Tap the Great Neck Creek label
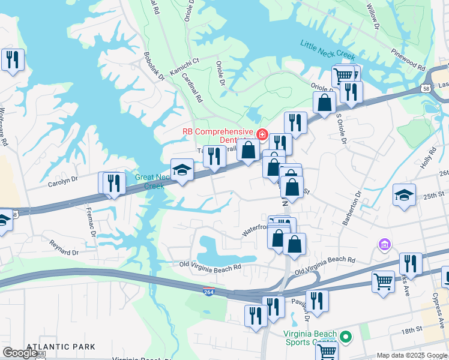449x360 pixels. click(x=149, y=181)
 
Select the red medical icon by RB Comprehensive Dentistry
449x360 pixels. click(x=262, y=134)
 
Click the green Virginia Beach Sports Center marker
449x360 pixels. click(x=345, y=336)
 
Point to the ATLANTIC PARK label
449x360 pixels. click(x=61, y=347)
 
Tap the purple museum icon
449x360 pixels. click(x=384, y=245)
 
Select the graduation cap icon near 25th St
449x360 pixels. click(x=404, y=195)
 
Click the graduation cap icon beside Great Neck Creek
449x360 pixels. click(x=182, y=170)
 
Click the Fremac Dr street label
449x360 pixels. click(x=92, y=221)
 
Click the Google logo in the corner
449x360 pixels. click(x=20, y=353)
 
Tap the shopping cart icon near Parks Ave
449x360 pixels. click(x=383, y=281)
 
